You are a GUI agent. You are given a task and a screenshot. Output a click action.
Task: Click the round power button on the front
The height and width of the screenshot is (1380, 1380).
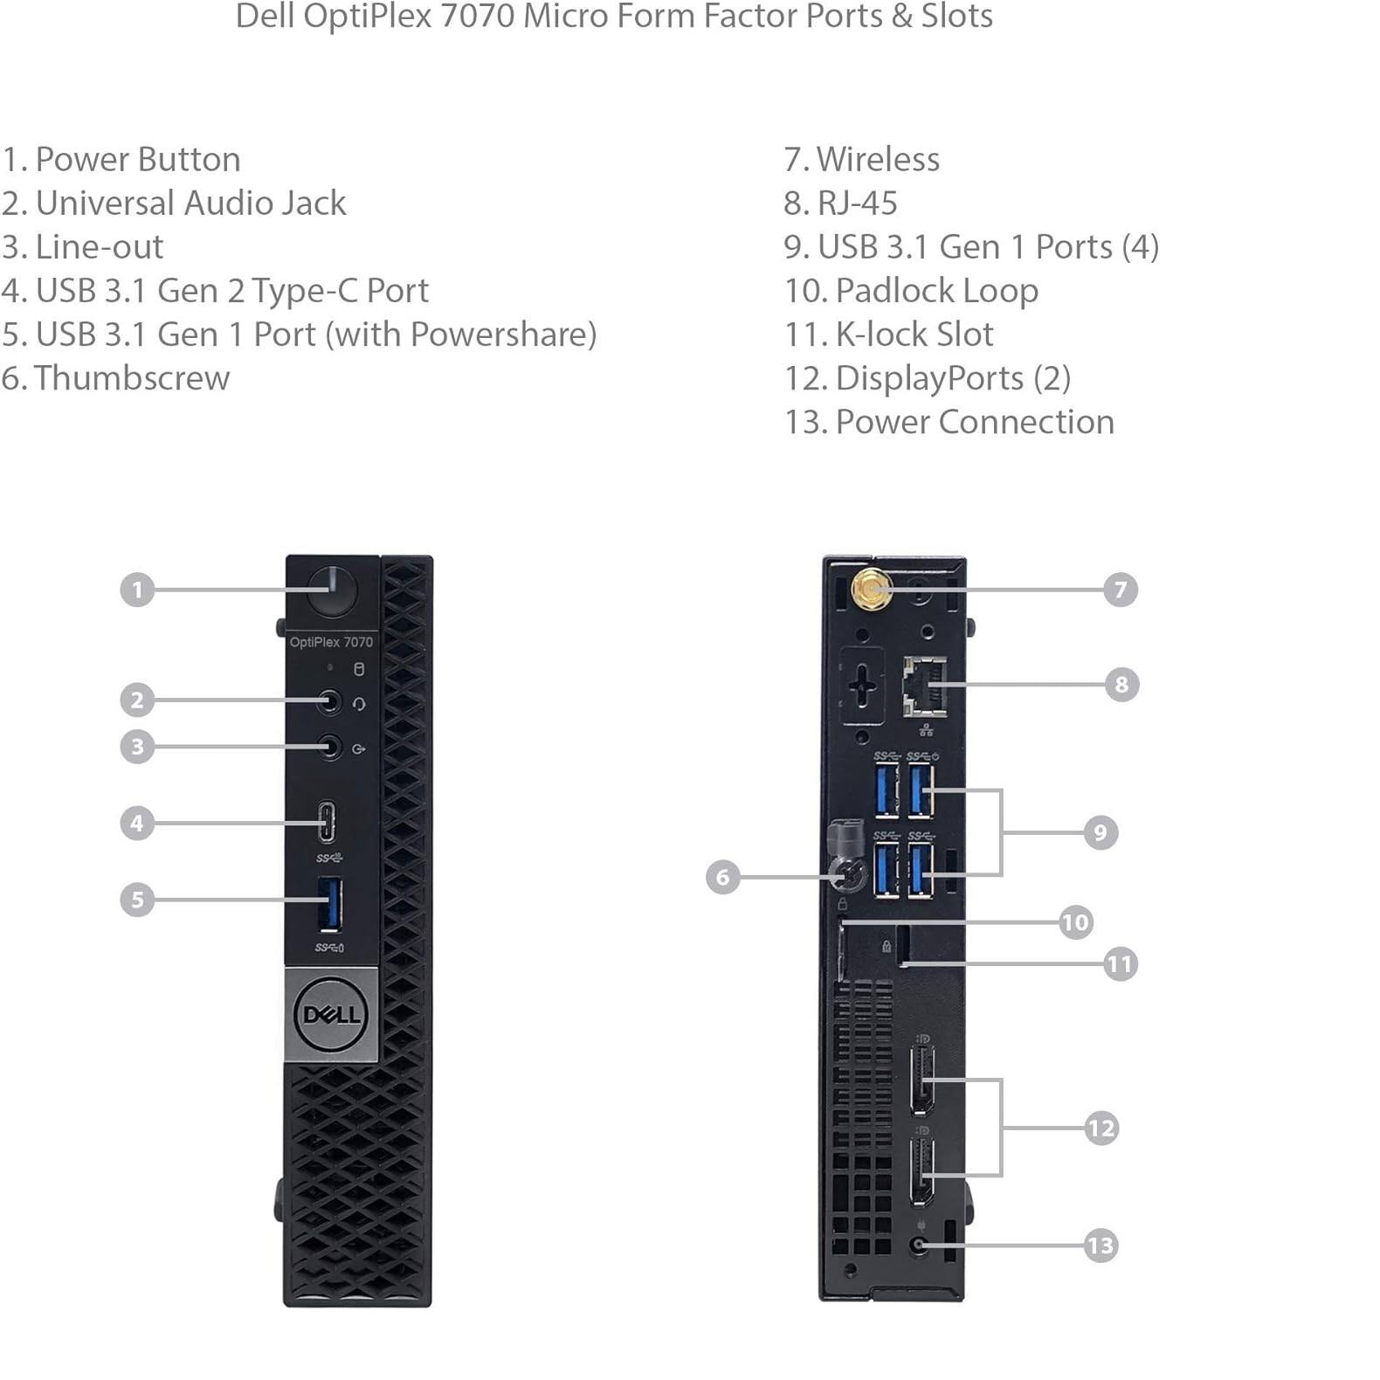333,590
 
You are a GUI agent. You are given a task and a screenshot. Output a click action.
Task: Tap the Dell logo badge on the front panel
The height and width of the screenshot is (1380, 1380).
332,1015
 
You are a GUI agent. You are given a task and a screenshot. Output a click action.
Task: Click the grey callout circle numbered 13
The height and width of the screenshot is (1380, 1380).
1101,1245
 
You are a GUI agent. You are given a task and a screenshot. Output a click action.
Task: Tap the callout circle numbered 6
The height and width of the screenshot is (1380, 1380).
722,876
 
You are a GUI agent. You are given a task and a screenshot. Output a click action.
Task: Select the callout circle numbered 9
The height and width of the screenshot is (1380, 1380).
1101,832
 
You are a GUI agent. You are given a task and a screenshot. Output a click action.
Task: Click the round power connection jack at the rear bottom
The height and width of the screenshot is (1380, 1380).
918,1245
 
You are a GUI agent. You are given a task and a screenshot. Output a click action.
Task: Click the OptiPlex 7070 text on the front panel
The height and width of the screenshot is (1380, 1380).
331,642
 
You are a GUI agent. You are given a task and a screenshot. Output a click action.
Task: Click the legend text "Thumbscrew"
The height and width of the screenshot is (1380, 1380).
132,378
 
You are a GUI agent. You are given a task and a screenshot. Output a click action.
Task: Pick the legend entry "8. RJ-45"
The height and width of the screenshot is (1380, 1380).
840,204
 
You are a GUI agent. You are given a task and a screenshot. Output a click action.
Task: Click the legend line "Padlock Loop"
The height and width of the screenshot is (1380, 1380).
936,291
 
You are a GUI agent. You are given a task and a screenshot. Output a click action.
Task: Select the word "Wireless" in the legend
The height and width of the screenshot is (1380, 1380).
878,160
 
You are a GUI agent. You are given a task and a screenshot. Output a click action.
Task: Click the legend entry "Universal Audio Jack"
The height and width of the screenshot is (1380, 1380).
190,204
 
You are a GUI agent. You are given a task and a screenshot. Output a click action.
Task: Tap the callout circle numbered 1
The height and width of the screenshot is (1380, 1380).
137,590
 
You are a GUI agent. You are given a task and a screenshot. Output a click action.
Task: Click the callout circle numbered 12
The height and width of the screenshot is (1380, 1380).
1101,1128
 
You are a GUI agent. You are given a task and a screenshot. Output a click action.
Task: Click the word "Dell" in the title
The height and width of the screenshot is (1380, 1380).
264,16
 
